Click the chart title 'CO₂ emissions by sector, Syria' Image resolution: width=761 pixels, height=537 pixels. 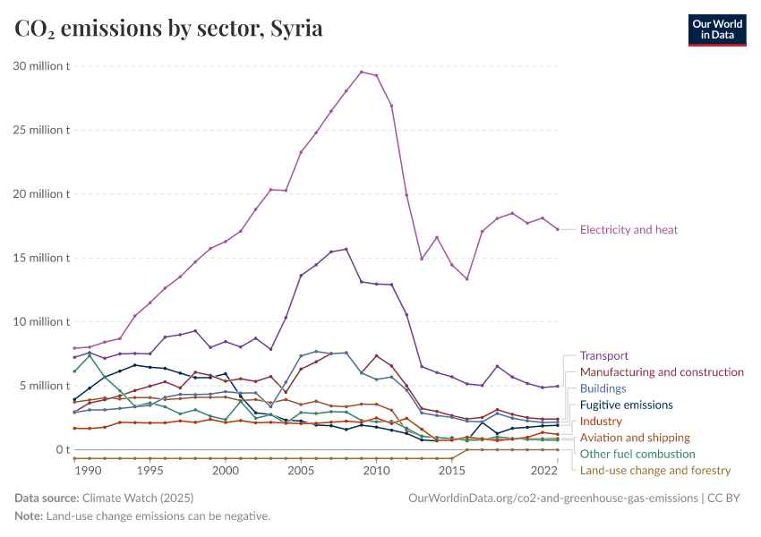tap(169, 29)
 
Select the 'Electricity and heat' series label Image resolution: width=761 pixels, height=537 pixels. tap(628, 230)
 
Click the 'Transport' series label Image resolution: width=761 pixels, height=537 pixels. tap(604, 355)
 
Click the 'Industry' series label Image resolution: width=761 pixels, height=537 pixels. tap(601, 421)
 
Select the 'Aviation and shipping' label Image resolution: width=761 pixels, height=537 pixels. tap(635, 438)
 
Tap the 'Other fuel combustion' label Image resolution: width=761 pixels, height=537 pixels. tap(637, 454)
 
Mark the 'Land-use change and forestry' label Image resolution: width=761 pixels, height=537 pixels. tap(655, 470)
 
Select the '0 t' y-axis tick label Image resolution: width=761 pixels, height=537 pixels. tap(58, 449)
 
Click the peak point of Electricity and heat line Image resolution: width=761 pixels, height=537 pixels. tap(361, 72)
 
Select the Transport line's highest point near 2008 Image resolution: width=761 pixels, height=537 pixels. tap(346, 249)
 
